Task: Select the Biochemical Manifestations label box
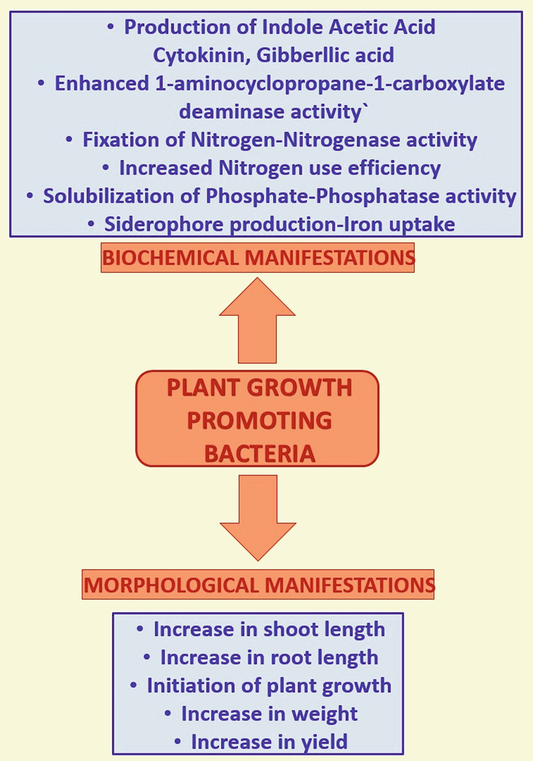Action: coord(258,258)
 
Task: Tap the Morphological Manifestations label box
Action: coord(258,585)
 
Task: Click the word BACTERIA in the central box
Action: coord(259,454)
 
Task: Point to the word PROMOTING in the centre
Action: coord(259,420)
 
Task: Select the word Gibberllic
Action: coord(305,55)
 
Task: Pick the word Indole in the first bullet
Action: coord(294,27)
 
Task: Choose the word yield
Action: coord(322,742)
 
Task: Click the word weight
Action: coord(325,714)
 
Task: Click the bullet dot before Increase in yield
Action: coord(177,741)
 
